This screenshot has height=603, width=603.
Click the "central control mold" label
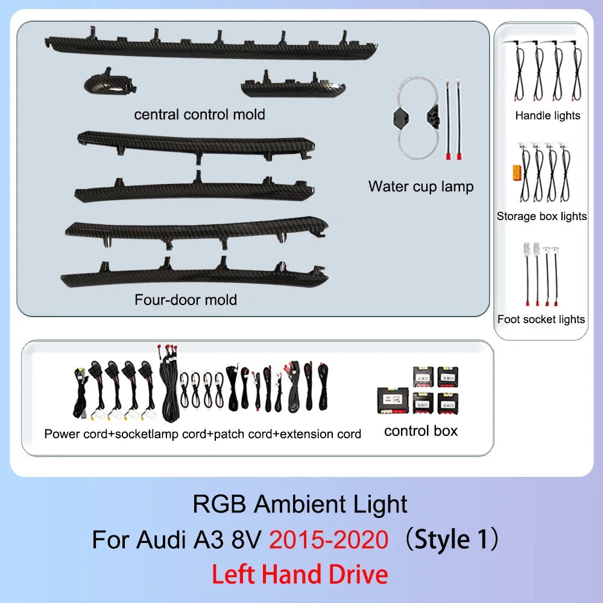tap(200, 114)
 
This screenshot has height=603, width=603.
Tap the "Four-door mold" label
tap(186, 300)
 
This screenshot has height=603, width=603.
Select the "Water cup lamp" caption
tap(421, 186)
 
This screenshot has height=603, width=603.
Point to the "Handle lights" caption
tap(548, 115)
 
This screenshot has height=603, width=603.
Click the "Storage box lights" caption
tap(541, 216)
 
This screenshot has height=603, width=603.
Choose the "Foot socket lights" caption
tap(541, 319)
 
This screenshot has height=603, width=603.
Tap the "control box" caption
tap(421, 431)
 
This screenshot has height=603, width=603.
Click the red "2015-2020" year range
tap(329, 539)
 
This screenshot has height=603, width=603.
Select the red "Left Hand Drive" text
tap(300, 575)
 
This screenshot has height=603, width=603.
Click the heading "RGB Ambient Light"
tap(300, 504)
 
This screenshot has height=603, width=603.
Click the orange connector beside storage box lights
tap(516, 172)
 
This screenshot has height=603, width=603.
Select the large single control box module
tap(393, 400)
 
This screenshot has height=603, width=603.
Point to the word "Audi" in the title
tap(161, 539)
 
